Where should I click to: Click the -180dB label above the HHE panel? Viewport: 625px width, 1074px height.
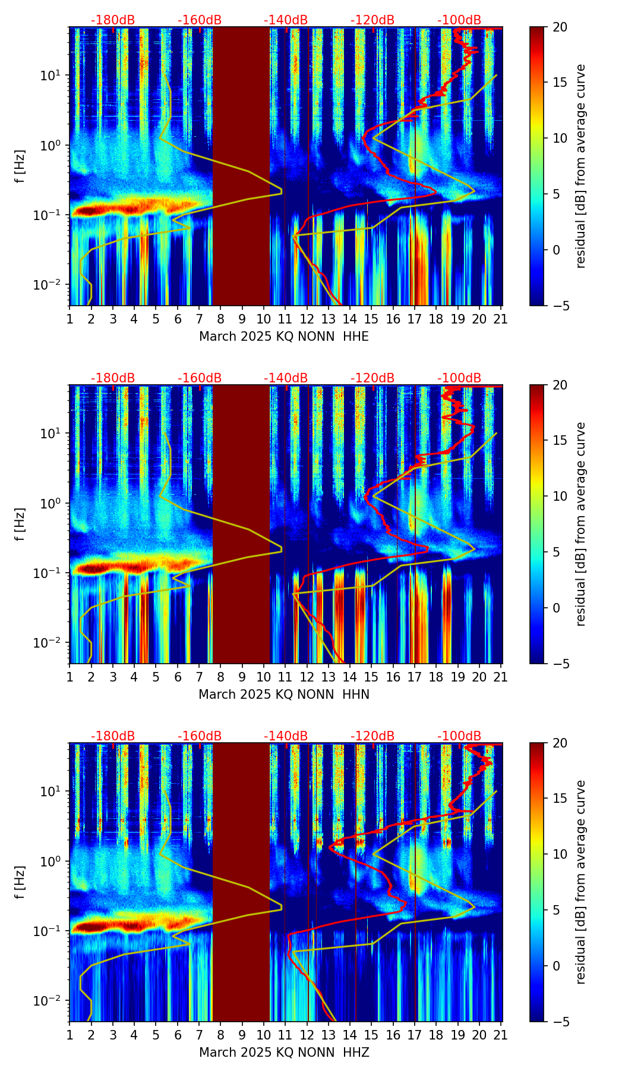coord(113,20)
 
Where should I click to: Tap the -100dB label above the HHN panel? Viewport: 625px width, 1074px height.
coord(459,378)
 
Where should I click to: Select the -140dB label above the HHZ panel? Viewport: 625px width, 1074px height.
coord(286,736)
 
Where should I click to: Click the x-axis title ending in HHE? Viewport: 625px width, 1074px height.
coord(284,337)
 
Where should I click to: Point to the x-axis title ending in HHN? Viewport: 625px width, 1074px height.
coord(284,695)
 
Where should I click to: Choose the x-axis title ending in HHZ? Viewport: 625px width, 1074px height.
coord(284,1053)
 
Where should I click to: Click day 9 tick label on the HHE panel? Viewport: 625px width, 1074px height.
coord(242,319)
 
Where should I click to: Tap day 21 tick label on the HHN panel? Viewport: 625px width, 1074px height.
coord(501,677)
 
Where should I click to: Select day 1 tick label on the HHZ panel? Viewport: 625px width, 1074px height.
coord(70,1035)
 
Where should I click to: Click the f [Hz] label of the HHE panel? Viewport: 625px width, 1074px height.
coord(20,167)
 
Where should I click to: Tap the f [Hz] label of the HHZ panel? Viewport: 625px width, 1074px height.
coord(20,883)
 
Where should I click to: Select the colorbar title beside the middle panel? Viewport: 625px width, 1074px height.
coord(581,524)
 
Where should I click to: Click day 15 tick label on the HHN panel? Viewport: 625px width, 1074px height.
coord(371,677)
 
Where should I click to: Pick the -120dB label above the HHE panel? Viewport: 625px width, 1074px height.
coord(373,20)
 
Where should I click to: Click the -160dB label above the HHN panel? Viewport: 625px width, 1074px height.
coord(200,378)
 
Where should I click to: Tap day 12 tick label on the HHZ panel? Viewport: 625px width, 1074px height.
coord(307,1035)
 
